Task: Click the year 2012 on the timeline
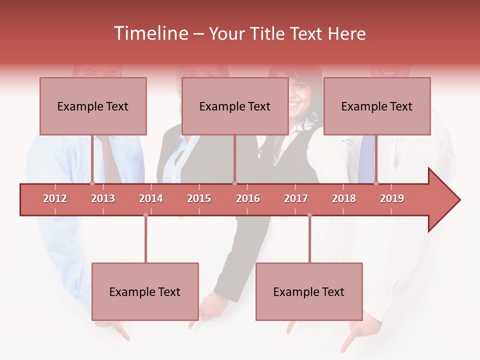click(55, 198)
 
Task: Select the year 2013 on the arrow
click(103, 198)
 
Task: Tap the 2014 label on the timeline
click(151, 198)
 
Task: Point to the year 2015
click(199, 198)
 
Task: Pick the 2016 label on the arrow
click(248, 198)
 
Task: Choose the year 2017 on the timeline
click(296, 198)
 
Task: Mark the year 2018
click(344, 198)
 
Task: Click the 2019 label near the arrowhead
click(392, 198)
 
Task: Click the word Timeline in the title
click(150, 33)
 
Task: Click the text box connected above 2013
click(93, 106)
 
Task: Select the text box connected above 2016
click(235, 106)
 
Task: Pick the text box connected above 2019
click(377, 106)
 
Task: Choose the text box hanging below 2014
click(145, 291)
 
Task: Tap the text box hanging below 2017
click(309, 291)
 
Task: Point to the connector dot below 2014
click(145, 215)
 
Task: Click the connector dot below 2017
click(309, 215)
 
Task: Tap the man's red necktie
click(111, 160)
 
